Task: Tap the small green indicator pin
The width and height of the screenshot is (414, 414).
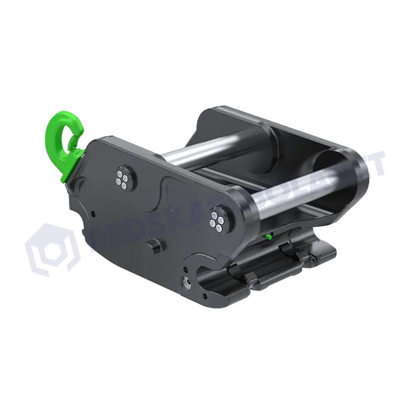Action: [268, 236]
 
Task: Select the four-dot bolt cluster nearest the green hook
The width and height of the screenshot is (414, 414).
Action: [123, 177]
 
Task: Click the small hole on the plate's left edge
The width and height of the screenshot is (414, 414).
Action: [94, 214]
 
